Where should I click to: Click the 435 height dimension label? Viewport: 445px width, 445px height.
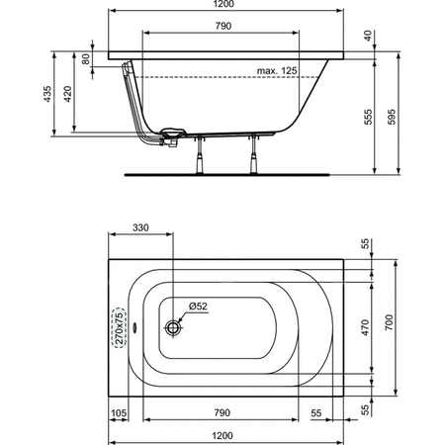click(47, 94)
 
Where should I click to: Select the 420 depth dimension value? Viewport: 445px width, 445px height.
click(67, 94)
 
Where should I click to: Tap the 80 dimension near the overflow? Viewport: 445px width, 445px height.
click(85, 59)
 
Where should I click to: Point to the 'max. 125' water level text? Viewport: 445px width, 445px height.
click(277, 70)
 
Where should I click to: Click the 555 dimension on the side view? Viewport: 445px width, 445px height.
click(368, 117)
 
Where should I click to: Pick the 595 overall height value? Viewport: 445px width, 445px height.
click(391, 117)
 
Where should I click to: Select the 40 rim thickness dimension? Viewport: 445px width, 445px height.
click(368, 36)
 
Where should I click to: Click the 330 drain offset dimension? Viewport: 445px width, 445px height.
click(140, 227)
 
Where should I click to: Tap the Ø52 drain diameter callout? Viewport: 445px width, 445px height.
click(198, 307)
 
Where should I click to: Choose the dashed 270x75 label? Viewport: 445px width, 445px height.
click(119, 327)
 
